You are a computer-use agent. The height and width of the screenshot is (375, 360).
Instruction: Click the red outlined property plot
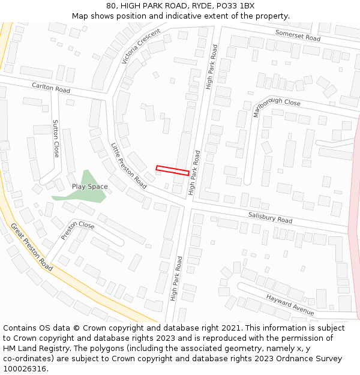tap(173, 170)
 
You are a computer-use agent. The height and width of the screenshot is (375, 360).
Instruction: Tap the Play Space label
tap(90, 187)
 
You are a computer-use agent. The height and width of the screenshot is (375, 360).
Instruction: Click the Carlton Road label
tap(51, 88)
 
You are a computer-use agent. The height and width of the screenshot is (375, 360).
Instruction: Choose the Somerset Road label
tap(298, 35)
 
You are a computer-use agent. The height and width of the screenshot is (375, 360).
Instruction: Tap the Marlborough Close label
tap(277, 105)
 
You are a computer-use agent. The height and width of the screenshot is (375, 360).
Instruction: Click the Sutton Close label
tap(56, 138)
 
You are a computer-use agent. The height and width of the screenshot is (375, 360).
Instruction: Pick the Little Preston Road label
tap(129, 165)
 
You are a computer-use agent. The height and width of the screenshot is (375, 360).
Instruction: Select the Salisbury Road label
tap(270, 217)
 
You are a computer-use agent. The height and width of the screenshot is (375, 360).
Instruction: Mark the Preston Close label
tap(77, 230)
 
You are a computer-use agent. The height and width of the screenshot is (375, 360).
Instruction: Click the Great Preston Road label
tap(31, 247)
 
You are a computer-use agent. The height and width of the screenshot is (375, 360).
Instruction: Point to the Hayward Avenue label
tap(290, 304)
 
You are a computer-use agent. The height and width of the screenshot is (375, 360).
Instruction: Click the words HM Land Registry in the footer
tap(29, 348)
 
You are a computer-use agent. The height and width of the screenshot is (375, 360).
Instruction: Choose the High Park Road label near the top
tap(210, 67)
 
